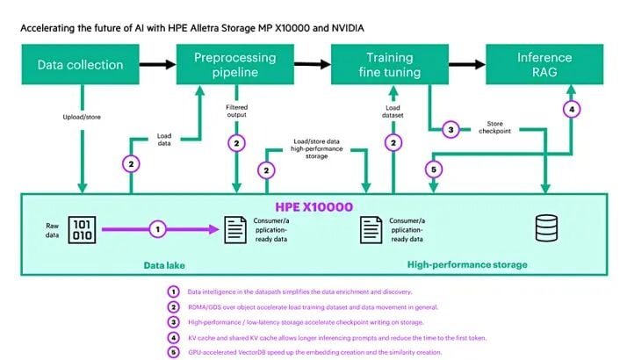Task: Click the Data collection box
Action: click(x=80, y=65)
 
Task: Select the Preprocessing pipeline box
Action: click(x=234, y=65)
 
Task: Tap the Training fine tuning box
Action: click(x=388, y=65)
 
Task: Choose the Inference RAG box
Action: click(x=544, y=65)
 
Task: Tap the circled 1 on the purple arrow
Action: click(x=157, y=229)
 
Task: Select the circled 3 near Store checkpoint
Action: click(x=450, y=129)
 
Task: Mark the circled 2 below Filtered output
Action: click(x=234, y=142)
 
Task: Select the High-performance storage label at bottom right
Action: click(x=467, y=263)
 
